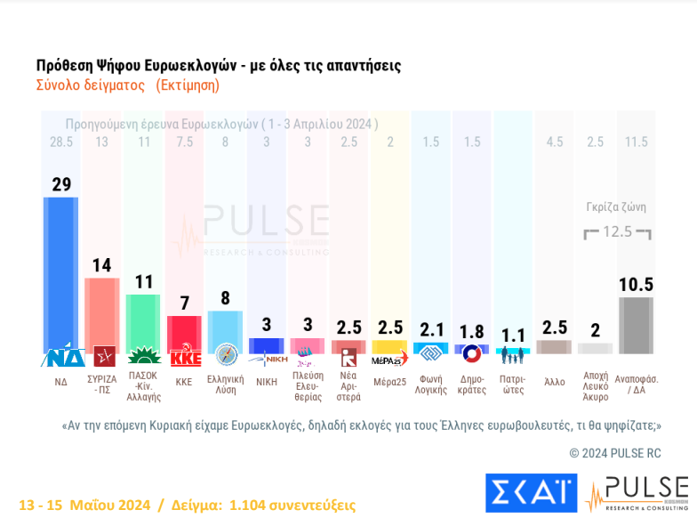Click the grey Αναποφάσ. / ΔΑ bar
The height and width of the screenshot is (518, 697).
[636, 325]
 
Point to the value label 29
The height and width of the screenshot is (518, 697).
[61, 184]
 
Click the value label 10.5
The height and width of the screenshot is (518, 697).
[636, 285]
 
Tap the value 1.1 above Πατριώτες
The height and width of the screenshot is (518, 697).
[513, 336]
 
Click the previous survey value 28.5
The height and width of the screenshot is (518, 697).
[61, 142]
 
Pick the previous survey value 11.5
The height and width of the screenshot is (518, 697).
[636, 142]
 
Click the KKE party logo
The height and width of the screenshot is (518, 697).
[185, 358]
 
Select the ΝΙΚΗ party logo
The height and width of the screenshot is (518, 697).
[267, 360]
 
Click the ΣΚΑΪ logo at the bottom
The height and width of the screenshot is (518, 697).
[531, 492]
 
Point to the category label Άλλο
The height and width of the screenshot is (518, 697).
[555, 382]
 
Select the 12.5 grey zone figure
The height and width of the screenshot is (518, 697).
[617, 231]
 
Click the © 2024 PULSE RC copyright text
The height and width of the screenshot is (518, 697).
[615, 453]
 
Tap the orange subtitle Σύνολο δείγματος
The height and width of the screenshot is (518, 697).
[90, 85]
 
